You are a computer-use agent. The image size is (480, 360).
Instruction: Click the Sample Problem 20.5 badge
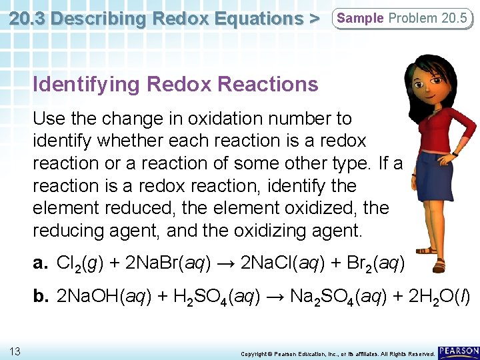coord(402,19)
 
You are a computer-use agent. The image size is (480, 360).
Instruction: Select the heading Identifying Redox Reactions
coord(175,85)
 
